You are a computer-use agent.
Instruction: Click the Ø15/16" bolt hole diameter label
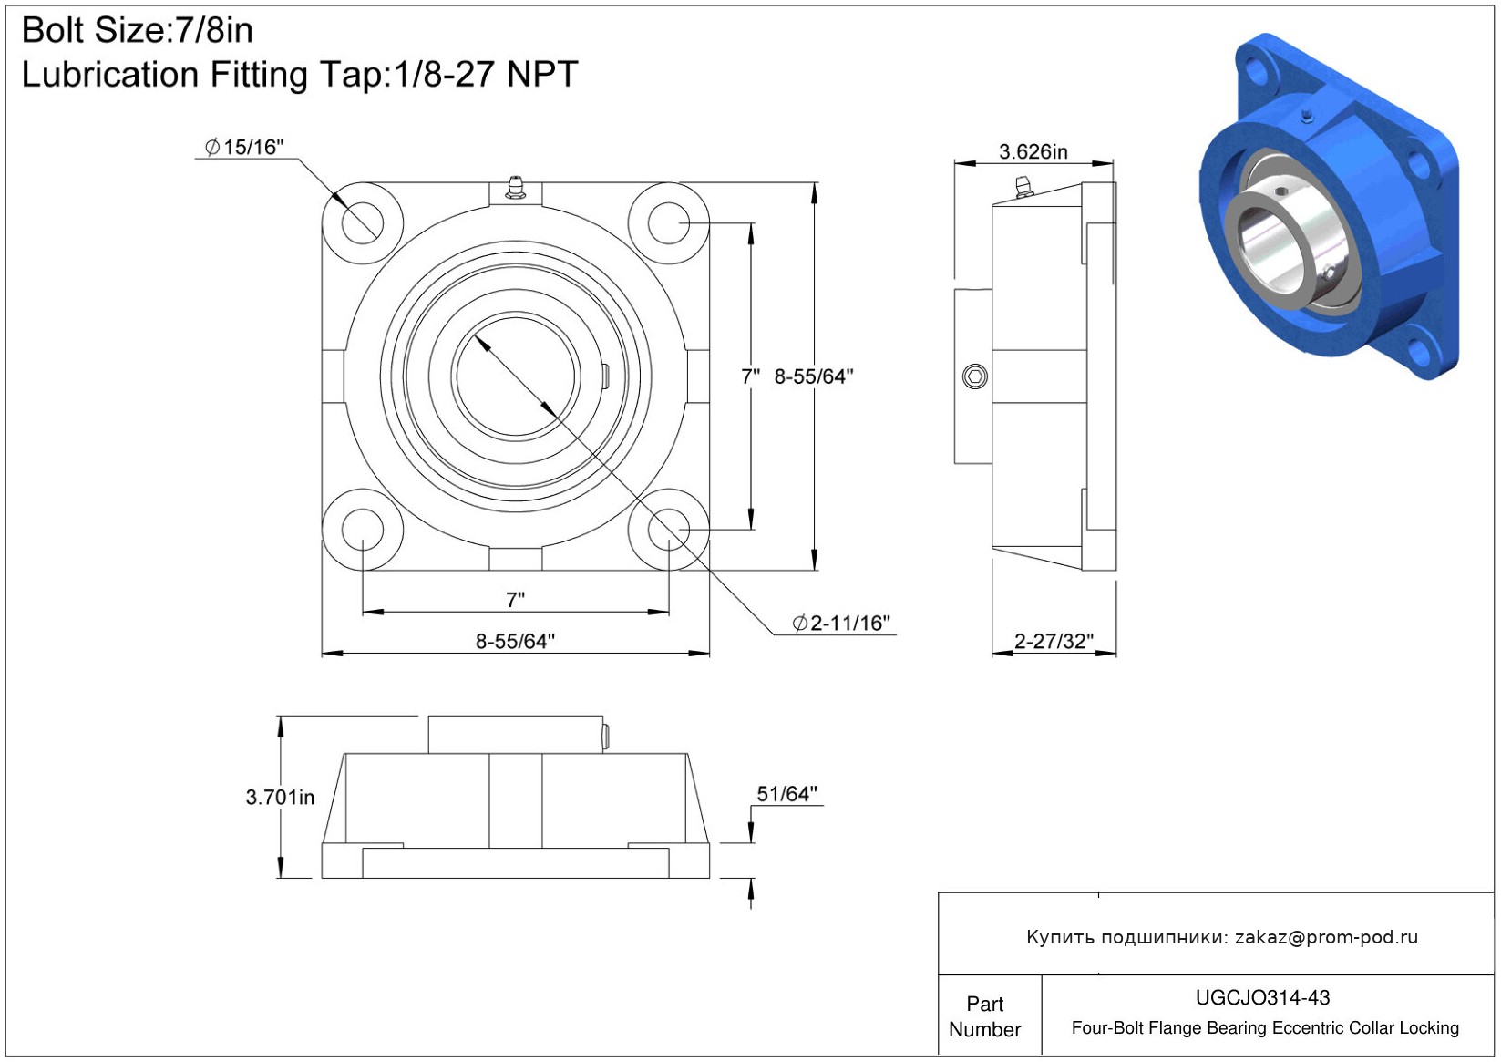pyautogui.click(x=244, y=147)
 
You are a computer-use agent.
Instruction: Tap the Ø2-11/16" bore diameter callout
pyautogui.click(x=841, y=623)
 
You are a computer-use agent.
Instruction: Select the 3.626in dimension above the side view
pyautogui.click(x=1033, y=151)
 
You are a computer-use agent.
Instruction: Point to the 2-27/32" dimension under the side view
pyautogui.click(x=1054, y=641)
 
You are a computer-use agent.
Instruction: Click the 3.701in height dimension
pyautogui.click(x=280, y=797)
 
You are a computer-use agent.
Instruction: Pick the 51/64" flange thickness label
pyautogui.click(x=786, y=794)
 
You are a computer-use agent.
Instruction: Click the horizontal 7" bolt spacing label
pyautogui.click(x=515, y=600)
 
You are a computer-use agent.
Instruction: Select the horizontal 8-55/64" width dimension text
pyautogui.click(x=515, y=641)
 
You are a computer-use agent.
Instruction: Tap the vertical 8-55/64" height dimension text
pyautogui.click(x=814, y=376)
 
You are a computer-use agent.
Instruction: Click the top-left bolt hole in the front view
pyautogui.click(x=363, y=222)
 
